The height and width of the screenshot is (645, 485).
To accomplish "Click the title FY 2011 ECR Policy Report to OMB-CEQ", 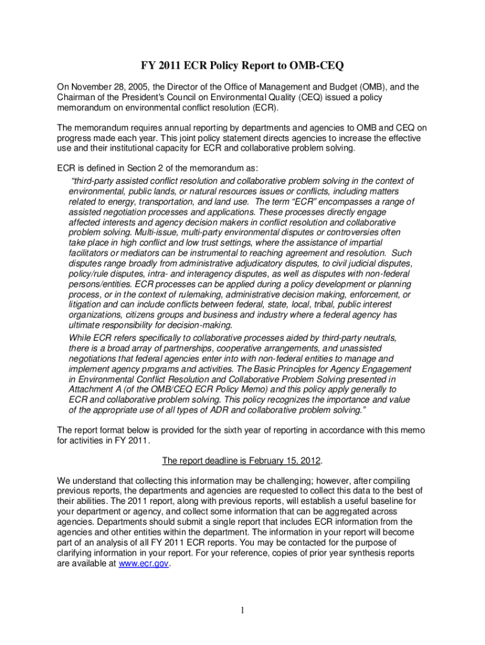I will tap(242, 66).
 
